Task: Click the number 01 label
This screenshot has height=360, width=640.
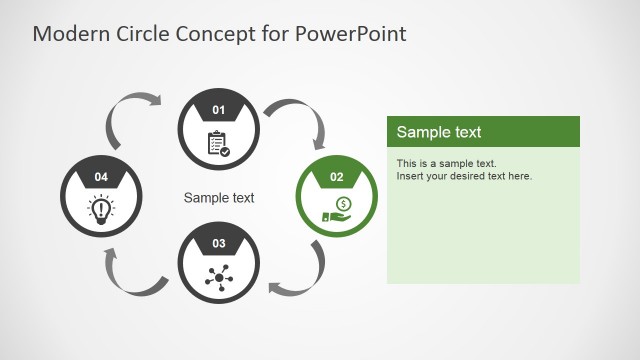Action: click(x=219, y=109)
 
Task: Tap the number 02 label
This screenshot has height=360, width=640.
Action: click(x=337, y=177)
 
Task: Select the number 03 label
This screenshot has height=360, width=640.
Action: click(x=219, y=243)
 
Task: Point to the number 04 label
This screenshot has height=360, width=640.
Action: click(x=101, y=177)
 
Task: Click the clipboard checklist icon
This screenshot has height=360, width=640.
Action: click(x=218, y=143)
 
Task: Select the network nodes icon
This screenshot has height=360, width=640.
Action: click(x=218, y=276)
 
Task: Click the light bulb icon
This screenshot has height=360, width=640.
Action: click(x=101, y=208)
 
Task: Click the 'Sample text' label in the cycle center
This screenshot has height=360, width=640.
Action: click(x=219, y=198)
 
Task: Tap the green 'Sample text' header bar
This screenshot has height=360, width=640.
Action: click(x=483, y=132)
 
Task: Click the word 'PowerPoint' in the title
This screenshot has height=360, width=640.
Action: click(x=351, y=33)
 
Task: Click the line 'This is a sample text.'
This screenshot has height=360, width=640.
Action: click(x=446, y=163)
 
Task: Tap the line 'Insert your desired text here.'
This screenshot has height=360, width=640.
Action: click(x=464, y=176)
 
